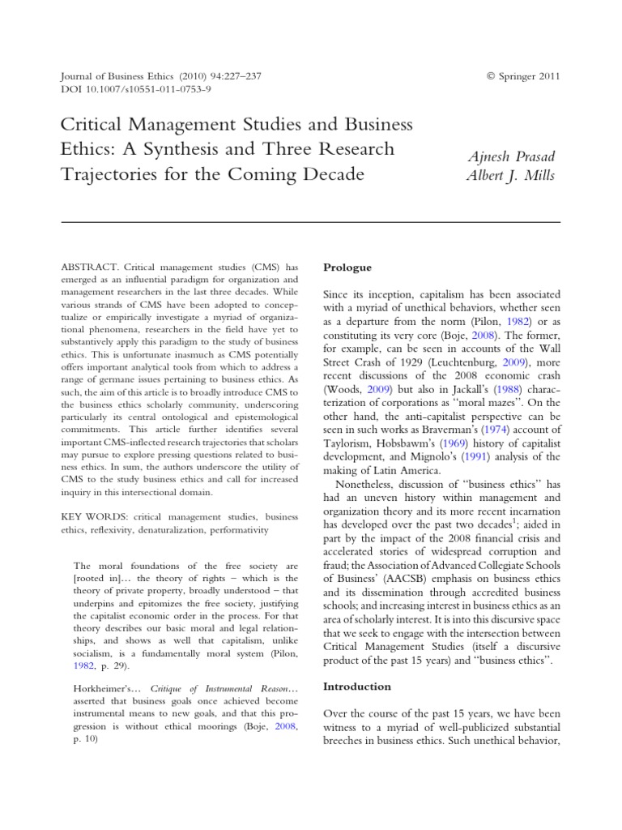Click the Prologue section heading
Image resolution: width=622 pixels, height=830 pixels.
[x=347, y=267]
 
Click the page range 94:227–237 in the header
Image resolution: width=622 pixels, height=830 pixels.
[x=232, y=76]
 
